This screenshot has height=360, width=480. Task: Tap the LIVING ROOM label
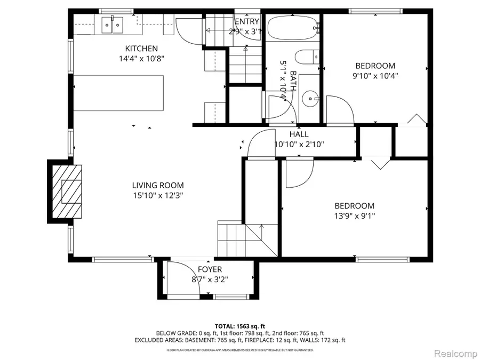[x=158, y=185]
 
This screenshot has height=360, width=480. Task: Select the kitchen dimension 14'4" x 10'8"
[x=141, y=59]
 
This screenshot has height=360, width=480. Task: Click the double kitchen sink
[x=113, y=24]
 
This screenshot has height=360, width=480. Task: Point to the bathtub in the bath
[x=292, y=28]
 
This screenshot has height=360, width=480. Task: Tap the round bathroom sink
[x=310, y=98]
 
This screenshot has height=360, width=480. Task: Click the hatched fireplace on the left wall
[x=66, y=190]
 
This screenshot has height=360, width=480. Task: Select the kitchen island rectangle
[x=118, y=93]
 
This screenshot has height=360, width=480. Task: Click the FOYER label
[x=210, y=269]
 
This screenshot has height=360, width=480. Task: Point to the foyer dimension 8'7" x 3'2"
[x=210, y=279]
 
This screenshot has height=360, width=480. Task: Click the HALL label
[x=299, y=134]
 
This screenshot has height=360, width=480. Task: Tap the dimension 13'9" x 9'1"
[x=354, y=216]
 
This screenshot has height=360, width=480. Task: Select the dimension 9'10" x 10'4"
[x=375, y=76]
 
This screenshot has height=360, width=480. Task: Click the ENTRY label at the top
[x=246, y=21]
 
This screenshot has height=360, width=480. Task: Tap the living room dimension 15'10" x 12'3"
[x=158, y=195]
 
